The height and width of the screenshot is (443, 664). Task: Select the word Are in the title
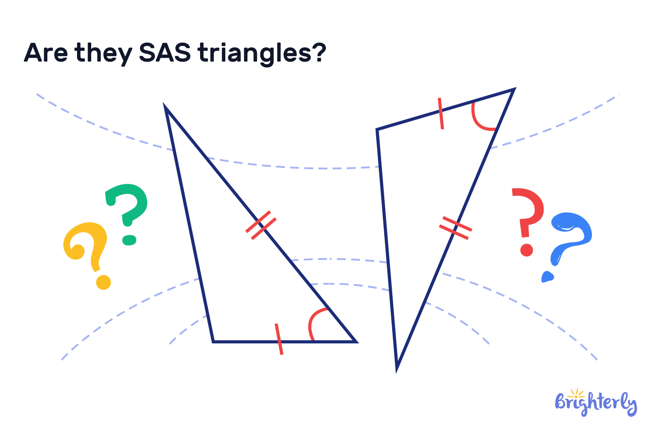(46, 53)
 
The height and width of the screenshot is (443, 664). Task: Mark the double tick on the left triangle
(261, 225)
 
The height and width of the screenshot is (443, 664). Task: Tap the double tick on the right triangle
(455, 228)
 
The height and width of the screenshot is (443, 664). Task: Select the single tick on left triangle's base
(279, 339)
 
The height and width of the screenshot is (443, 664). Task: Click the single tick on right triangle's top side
(440, 113)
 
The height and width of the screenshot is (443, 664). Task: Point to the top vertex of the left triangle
(165, 107)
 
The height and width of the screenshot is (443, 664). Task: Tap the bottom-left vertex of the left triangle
(213, 341)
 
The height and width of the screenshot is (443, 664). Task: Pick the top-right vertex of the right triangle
(513, 90)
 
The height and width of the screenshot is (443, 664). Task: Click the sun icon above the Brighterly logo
(576, 393)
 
